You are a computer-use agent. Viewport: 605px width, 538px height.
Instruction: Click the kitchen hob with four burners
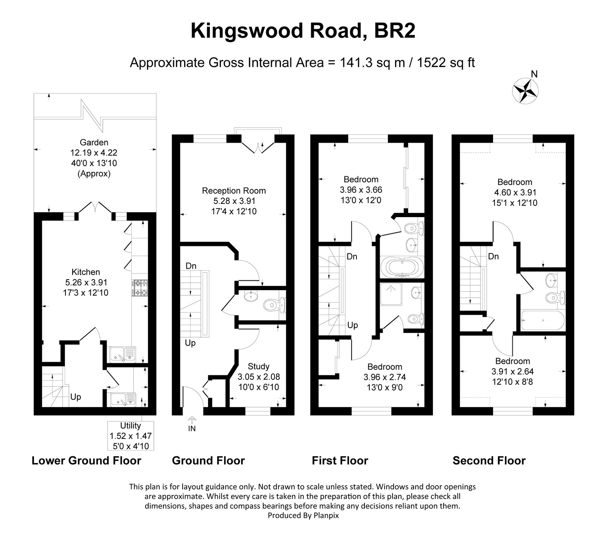pos(140,288)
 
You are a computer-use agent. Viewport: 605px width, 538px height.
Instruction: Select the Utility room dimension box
pos(131,436)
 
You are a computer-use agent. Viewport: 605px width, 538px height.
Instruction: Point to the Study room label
pos(259,366)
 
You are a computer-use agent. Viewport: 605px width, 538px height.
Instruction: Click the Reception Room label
pos(234,191)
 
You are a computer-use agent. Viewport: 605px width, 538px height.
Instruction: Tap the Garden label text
pos(94,143)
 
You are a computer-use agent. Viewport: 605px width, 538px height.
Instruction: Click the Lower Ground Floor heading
pos(86,460)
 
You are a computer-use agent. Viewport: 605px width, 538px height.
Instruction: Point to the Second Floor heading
pos(489,460)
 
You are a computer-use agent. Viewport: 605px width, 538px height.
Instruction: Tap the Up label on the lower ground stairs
pos(76,397)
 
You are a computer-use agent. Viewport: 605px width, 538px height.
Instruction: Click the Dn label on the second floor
pos(493,257)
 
